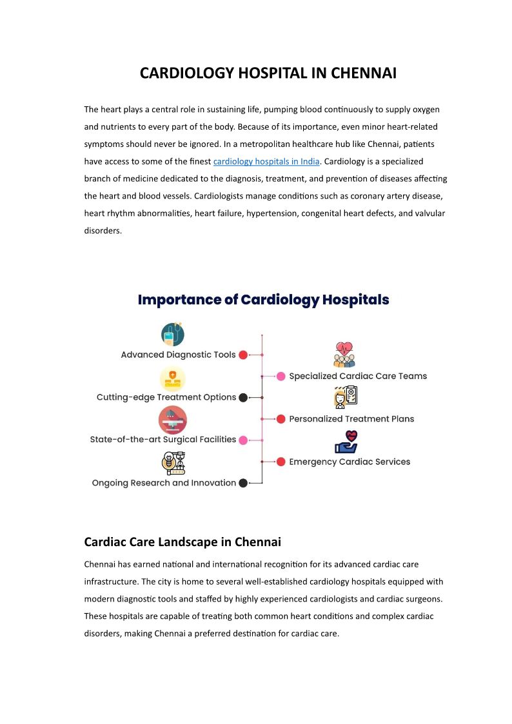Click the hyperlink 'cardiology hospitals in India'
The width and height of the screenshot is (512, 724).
266,161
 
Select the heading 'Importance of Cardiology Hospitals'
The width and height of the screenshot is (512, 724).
263,300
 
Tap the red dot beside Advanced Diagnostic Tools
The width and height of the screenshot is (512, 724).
243,355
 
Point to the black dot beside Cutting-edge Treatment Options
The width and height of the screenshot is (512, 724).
243,398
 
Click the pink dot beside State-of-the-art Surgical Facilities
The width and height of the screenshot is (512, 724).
243,440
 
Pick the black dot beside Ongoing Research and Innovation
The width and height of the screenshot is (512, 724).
243,483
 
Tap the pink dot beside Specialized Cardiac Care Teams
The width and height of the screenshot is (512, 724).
281,377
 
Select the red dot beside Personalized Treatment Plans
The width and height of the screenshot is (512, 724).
281,419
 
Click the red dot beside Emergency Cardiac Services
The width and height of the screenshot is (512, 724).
281,462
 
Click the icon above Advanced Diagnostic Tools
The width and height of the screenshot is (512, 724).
172,334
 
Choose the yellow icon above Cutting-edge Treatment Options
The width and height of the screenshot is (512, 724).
172,378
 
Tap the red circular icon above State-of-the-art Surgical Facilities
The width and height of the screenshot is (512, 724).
172,420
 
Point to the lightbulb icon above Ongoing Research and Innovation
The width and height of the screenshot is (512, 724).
172,463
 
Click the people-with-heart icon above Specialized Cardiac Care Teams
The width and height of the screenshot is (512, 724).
344,355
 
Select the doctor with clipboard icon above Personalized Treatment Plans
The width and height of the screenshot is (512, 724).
345,397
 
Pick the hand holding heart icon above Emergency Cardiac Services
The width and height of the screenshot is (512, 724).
346,442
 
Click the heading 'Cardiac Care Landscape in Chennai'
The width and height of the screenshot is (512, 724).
182,542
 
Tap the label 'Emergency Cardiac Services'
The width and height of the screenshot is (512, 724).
350,462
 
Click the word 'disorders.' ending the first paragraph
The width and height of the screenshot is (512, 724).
103,230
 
